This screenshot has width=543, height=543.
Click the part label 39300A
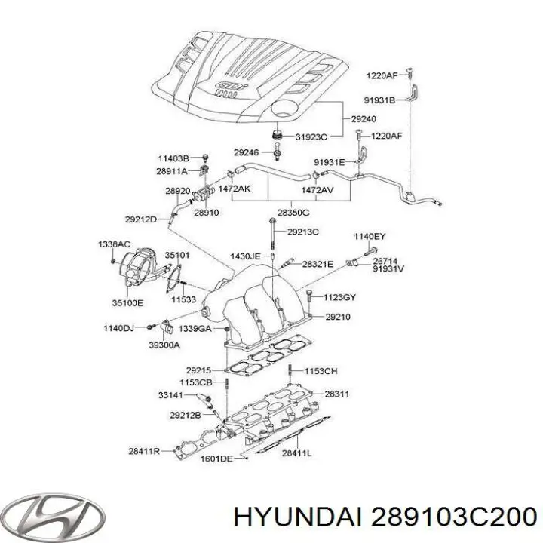165,345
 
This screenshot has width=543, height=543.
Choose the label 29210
337,318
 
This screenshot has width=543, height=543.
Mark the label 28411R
145,452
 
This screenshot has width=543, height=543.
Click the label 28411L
298,453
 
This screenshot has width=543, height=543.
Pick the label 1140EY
370,237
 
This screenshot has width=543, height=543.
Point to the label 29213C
303,232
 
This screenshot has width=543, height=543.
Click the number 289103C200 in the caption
449,496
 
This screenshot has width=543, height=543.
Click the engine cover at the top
249,75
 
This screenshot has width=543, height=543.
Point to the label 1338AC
114,246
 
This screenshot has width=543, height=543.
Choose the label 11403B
173,158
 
